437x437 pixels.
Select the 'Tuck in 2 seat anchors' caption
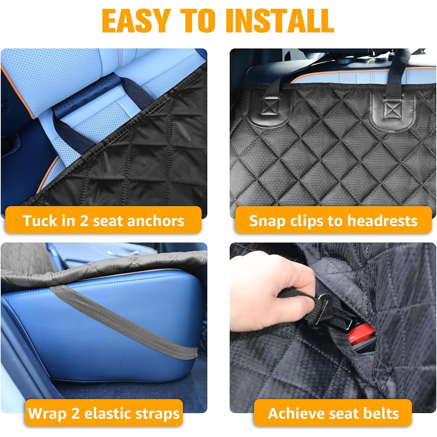click(103, 221)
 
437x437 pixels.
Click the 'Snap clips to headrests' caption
click(333, 221)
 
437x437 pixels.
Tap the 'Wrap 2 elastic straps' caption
click(104, 413)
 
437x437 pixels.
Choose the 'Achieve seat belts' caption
click(333, 413)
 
